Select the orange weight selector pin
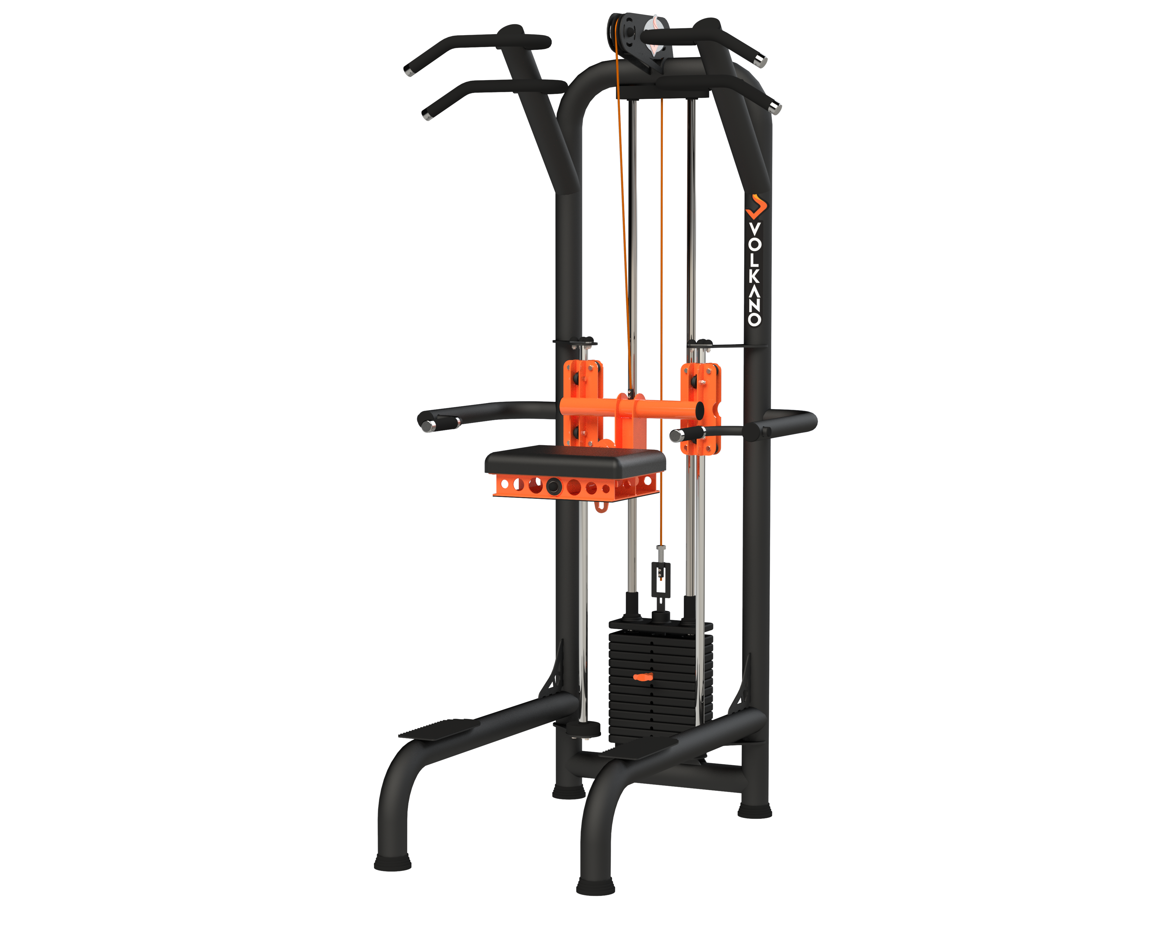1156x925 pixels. [x=643, y=677]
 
